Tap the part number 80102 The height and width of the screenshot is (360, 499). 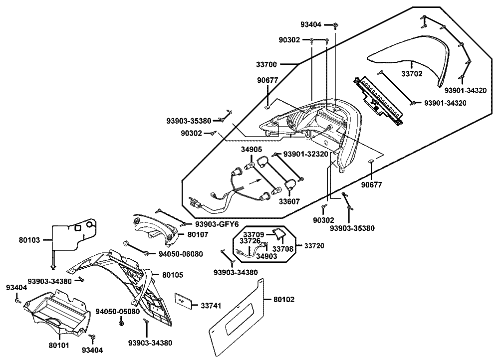[x=284, y=300]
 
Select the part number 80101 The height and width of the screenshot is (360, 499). [x=59, y=345]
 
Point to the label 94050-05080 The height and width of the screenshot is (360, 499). [x=118, y=312]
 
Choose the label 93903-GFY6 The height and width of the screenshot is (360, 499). [x=217, y=224]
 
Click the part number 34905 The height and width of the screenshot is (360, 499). [x=251, y=150]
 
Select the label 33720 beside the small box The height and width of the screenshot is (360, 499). [x=314, y=245]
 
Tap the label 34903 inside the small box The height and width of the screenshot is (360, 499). [x=265, y=257]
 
